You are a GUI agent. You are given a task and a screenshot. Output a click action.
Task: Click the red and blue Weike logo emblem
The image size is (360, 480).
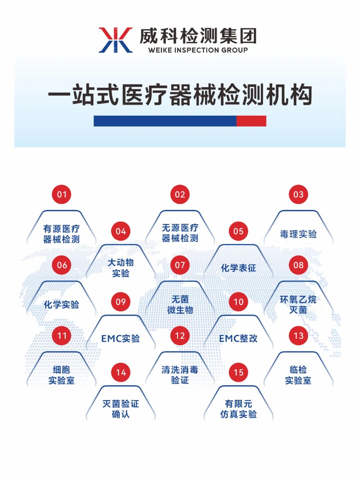pyautogui.click(x=116, y=40)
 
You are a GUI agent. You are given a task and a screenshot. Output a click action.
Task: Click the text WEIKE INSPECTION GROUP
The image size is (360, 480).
pyautogui.click(x=198, y=50)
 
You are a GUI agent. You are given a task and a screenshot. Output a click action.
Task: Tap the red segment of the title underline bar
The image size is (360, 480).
pyautogui.click(x=251, y=121)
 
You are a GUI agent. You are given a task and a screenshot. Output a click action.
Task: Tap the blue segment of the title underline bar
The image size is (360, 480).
pyautogui.click(x=165, y=121)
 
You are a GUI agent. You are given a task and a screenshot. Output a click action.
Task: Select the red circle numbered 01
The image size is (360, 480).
pyautogui.click(x=62, y=194)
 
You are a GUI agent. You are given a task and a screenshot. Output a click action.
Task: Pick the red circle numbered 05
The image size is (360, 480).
pyautogui.click(x=238, y=231)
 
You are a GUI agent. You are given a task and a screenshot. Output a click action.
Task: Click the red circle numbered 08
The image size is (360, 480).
pyautogui.click(x=298, y=265)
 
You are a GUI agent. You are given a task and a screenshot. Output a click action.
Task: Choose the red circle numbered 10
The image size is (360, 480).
pyautogui.click(x=238, y=302)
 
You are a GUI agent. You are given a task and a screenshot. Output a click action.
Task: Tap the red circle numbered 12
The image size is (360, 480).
pyautogui.click(x=180, y=336)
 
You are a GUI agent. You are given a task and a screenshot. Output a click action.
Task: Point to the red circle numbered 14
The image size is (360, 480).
pyautogui.click(x=121, y=372)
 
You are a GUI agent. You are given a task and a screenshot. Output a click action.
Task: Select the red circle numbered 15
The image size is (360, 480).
pyautogui.click(x=238, y=372)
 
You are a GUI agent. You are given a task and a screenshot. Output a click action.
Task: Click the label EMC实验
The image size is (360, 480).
pyautogui.click(x=121, y=339)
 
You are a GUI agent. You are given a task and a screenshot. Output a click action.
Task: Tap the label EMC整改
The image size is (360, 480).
pyautogui.click(x=238, y=339)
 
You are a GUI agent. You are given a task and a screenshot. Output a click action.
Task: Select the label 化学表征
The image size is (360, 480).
pyautogui.click(x=238, y=268)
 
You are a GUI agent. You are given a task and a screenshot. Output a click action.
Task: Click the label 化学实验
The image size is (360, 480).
pyautogui.click(x=61, y=305)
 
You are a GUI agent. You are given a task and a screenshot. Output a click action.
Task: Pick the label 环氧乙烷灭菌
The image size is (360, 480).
pyautogui.click(x=298, y=305)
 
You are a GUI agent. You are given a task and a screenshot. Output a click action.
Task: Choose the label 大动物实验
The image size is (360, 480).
pyautogui.click(x=121, y=268)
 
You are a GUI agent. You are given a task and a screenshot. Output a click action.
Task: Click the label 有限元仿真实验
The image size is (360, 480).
pyautogui.click(x=238, y=409)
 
